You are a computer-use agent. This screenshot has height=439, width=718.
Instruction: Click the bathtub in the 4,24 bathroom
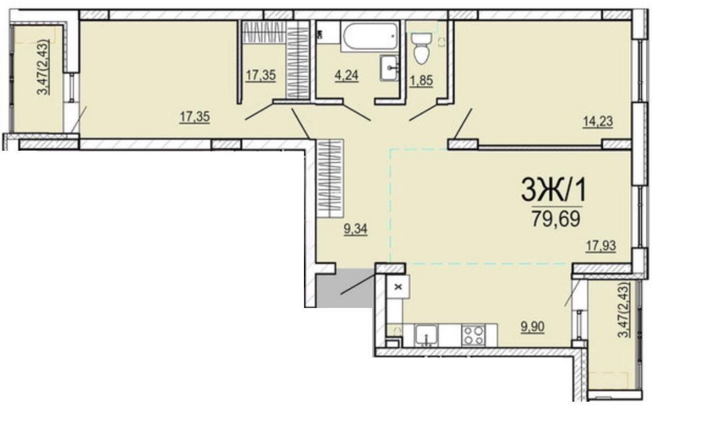click(x=370, y=37)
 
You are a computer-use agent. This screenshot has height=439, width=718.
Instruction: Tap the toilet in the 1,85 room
click(x=420, y=48)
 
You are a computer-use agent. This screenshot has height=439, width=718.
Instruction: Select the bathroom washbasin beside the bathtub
click(x=389, y=69)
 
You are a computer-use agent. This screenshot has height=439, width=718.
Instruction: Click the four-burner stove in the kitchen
click(x=472, y=335)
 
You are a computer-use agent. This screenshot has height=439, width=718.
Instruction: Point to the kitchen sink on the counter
click(x=427, y=336)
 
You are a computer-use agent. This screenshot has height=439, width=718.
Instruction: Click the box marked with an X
click(x=399, y=286)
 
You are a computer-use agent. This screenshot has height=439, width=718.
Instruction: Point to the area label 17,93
click(x=601, y=246)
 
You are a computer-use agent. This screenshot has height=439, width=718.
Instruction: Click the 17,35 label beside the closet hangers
click(x=260, y=76)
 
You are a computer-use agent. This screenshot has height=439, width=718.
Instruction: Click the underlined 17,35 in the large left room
click(x=194, y=117)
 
